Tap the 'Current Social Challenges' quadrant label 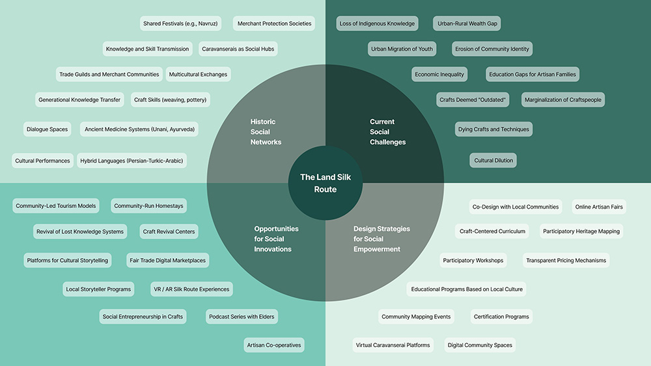(387, 132)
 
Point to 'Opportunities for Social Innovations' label (276, 239)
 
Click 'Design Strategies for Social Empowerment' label (381, 239)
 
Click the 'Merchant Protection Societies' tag (274, 23)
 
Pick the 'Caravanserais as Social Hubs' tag (238, 49)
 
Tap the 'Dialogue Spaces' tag (47, 129)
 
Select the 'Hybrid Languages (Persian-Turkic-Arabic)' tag (132, 161)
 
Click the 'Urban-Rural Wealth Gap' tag (467, 23)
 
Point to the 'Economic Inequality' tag (439, 74)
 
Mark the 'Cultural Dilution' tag (493, 161)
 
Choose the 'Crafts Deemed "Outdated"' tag (473, 99)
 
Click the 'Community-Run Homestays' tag (148, 206)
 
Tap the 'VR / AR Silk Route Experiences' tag (191, 289)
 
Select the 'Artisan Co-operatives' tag (273, 345)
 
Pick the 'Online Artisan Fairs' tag (599, 207)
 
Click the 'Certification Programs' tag (501, 317)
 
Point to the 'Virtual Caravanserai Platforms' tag (393, 345)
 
